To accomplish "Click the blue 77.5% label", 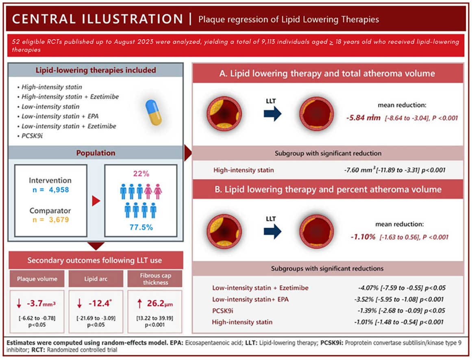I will click(x=141, y=227).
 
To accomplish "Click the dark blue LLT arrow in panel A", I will click(x=272, y=113).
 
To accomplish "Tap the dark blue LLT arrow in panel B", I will click(x=272, y=231).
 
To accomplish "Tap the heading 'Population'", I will click(x=96, y=153).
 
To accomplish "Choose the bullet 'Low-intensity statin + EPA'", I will click(x=60, y=116).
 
